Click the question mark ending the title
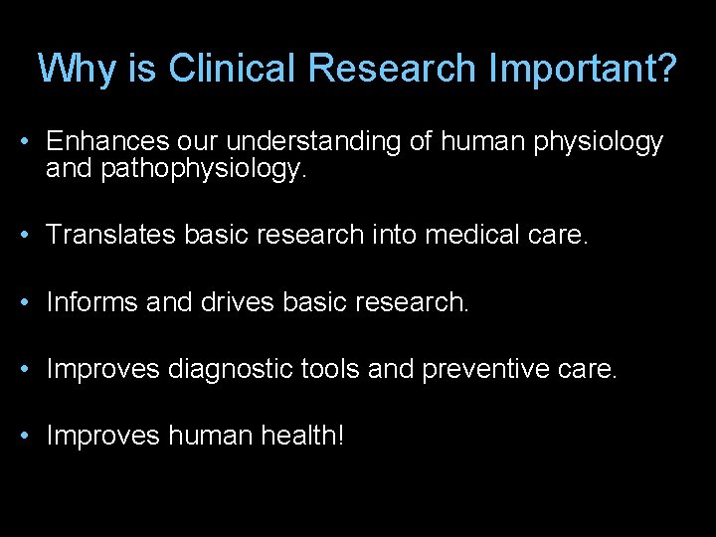pos(666,69)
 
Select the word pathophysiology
pos(204,170)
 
